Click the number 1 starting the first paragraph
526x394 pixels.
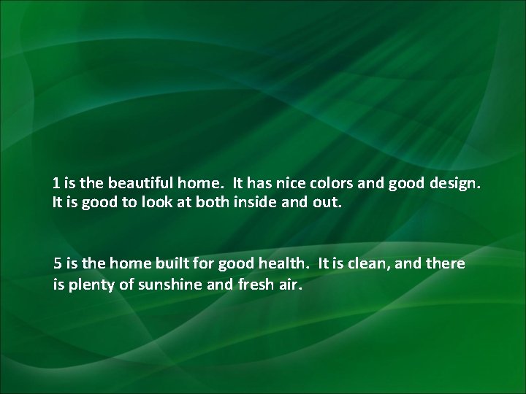click(x=56, y=182)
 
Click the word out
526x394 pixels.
click(x=327, y=200)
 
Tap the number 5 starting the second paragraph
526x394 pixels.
click(x=58, y=263)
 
